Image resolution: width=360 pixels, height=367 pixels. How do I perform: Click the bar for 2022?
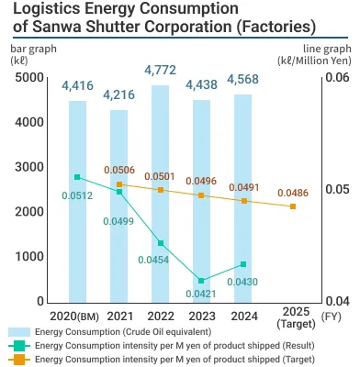[x=160, y=193]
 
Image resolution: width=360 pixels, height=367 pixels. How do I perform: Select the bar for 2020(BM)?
[x=78, y=201]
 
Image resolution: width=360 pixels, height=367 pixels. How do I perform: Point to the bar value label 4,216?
[x=118, y=94]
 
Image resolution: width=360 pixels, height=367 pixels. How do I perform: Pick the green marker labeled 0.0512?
[x=78, y=177]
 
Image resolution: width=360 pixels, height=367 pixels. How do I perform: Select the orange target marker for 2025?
[x=293, y=206]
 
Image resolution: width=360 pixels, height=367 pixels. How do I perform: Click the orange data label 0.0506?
[x=119, y=170]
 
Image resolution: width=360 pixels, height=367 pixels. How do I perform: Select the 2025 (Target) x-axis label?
[x=293, y=322]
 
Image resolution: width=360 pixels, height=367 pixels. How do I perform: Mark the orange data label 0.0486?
[x=293, y=193]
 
